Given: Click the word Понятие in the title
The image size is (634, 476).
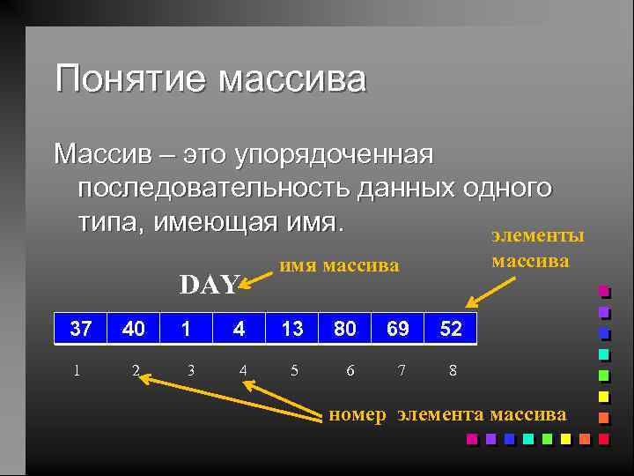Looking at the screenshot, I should (131, 79).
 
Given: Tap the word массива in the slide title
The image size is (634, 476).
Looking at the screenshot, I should (291, 79).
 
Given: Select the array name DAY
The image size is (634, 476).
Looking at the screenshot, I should (209, 284).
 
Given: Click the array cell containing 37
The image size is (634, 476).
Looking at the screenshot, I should (80, 329).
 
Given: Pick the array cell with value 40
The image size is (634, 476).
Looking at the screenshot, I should (134, 329).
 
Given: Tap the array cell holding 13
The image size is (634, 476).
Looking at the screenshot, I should (292, 329).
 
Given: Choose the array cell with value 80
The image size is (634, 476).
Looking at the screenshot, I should (345, 329).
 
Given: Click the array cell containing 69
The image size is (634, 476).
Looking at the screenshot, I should (398, 329).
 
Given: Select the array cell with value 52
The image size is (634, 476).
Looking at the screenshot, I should (451, 329).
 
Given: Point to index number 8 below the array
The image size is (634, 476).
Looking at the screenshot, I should (453, 370).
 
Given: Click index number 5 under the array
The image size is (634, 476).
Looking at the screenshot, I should (294, 370).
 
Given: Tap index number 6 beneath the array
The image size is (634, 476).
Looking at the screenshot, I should (350, 370).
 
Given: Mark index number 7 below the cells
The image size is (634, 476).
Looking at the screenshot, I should (402, 370).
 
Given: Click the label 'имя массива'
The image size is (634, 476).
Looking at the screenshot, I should (339, 265).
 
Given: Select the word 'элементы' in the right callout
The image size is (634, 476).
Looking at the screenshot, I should (537, 236).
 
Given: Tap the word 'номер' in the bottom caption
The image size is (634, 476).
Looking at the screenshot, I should (357, 414).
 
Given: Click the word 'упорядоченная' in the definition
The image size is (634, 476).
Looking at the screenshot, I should (334, 155).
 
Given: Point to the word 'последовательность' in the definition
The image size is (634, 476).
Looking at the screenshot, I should (215, 188).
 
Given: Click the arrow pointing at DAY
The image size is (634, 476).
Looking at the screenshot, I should (256, 279).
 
